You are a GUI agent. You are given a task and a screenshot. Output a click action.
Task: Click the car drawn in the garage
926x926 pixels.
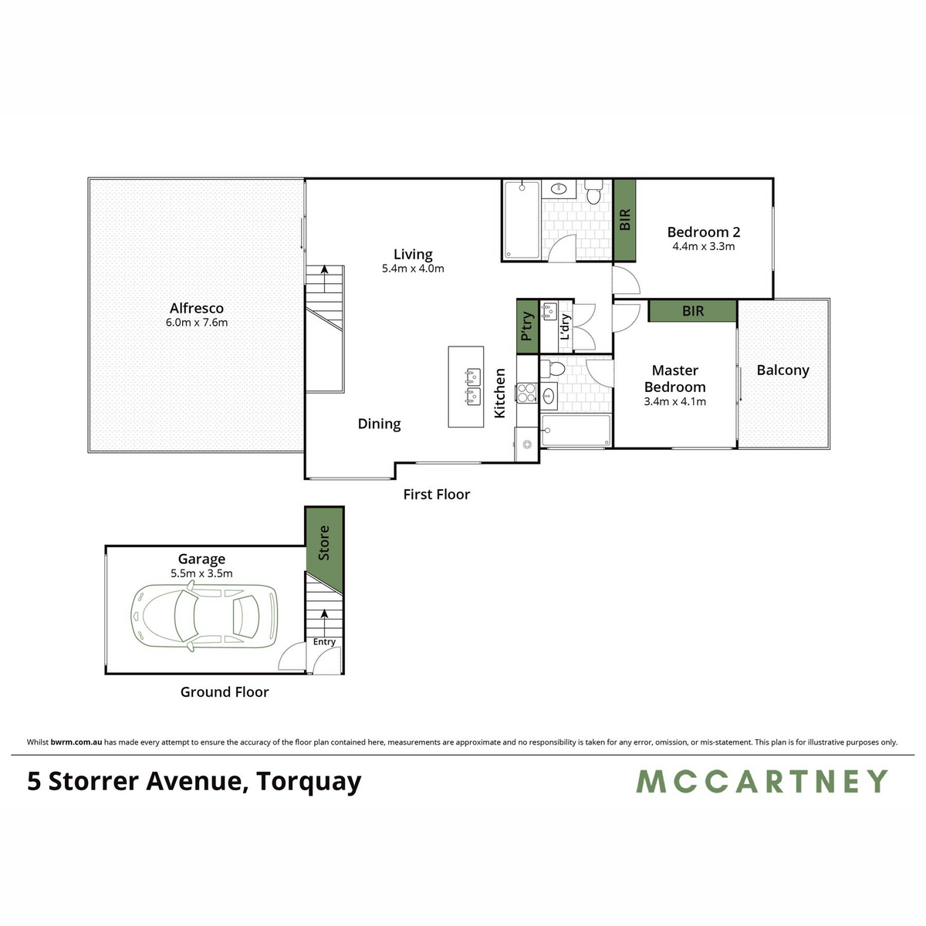point(204,616)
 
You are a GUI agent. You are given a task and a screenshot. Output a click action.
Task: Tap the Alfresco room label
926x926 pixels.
point(197,308)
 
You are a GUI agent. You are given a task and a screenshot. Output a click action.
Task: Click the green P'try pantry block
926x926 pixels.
point(527,326)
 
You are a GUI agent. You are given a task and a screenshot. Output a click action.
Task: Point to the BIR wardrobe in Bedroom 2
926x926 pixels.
point(625,220)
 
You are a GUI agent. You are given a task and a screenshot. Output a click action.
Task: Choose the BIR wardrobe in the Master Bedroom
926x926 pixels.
point(692,311)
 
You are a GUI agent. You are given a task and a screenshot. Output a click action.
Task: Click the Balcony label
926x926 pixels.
point(782,370)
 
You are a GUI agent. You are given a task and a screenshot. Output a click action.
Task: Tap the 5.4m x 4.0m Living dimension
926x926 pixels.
point(413,269)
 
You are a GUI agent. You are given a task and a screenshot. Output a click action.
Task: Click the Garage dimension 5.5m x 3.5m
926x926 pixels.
point(201,573)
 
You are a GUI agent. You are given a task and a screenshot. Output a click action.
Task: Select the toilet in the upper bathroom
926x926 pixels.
point(594,192)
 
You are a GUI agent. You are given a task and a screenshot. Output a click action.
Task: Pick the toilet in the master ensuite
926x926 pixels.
point(553,369)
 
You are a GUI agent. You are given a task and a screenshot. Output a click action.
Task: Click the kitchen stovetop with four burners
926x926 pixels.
point(527,392)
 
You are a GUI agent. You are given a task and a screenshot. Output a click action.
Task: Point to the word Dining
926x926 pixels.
point(379,424)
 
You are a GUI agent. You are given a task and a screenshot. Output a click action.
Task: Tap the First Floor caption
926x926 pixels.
point(436,495)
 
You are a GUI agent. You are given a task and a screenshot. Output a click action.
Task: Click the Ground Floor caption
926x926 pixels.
point(225,692)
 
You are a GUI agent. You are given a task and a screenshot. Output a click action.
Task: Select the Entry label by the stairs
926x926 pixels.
point(324,641)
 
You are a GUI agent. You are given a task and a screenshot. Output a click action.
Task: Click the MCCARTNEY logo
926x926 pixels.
point(762,781)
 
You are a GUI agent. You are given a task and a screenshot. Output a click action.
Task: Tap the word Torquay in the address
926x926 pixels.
point(309,782)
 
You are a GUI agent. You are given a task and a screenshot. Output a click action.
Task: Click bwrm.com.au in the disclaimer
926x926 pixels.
point(76,742)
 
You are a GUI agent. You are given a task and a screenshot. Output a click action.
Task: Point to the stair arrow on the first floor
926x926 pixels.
point(325,279)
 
